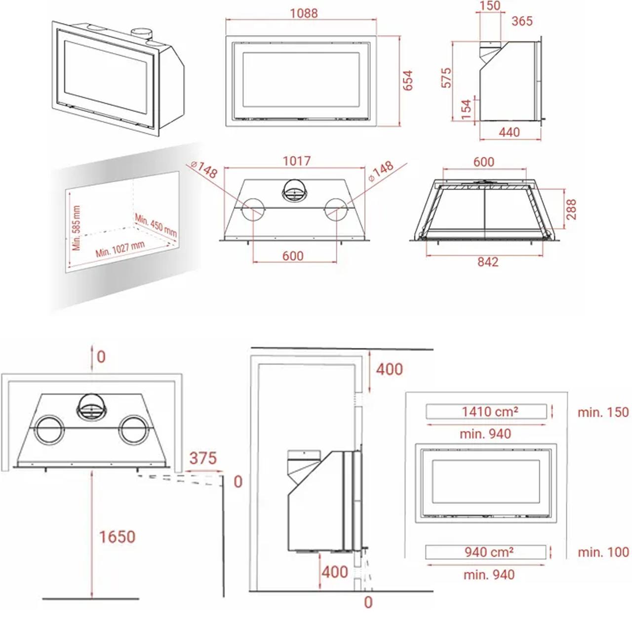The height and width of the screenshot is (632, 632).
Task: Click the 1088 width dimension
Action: [304, 13]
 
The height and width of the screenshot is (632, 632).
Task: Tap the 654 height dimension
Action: [408, 80]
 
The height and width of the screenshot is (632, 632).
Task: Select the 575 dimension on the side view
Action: [446, 78]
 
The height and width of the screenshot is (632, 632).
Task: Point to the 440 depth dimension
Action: [509, 132]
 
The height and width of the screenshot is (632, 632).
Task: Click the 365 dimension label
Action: [522, 21]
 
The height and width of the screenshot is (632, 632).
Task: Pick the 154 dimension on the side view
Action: [466, 110]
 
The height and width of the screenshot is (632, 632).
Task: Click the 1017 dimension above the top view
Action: [296, 161]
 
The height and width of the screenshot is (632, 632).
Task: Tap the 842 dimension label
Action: [488, 262]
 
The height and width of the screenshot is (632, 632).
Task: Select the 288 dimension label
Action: [571, 209]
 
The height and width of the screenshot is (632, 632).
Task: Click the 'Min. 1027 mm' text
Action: [120, 249]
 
